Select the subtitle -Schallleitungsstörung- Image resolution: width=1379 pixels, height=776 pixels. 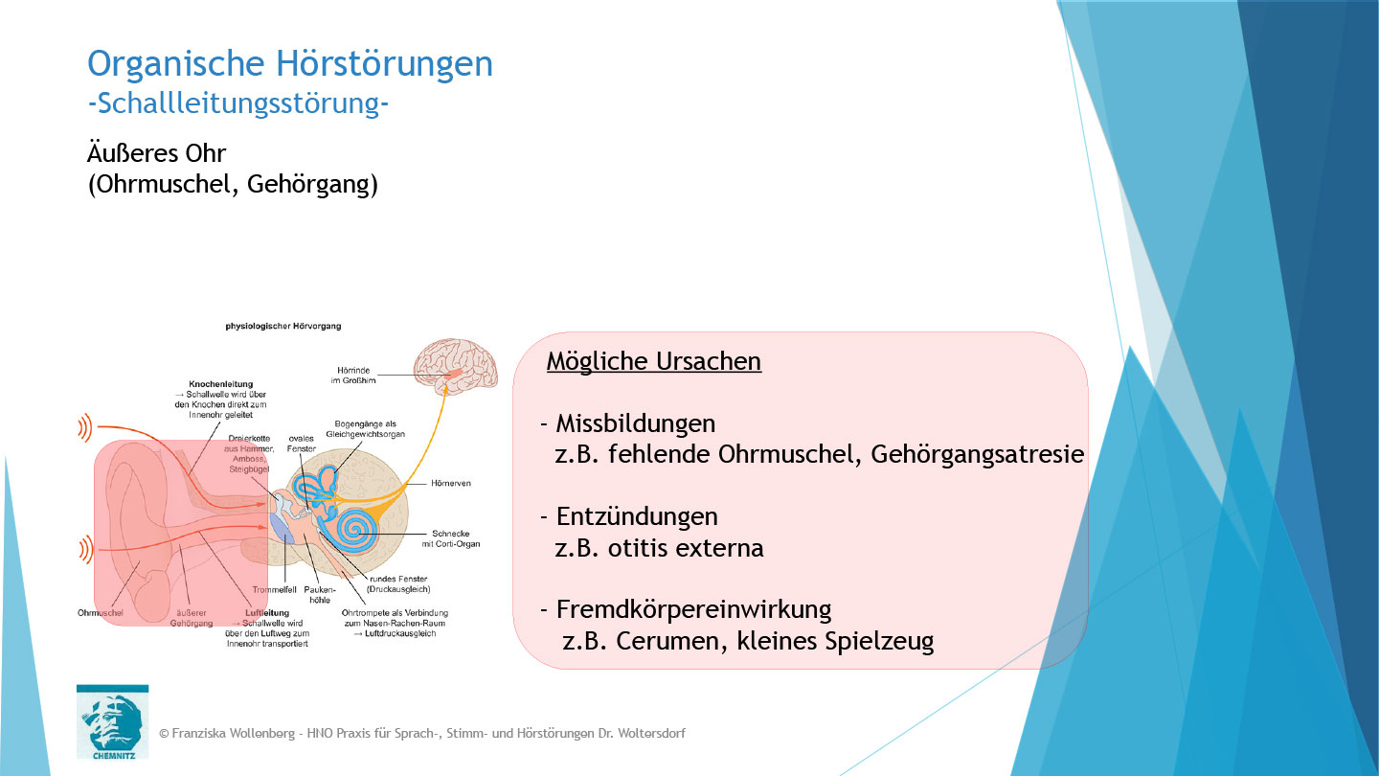point(237,103)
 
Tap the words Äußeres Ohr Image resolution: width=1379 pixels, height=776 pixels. point(156,153)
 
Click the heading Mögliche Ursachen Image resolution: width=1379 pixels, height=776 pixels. point(654,361)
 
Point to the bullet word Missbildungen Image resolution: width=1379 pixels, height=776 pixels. point(635,423)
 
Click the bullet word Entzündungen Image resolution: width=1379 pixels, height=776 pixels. point(637,516)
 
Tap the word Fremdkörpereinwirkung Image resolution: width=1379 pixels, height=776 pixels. point(693,609)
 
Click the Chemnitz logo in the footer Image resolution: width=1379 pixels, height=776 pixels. point(112,720)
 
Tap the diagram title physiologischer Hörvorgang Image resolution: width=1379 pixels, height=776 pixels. point(283,326)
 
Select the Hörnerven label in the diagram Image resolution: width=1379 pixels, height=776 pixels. point(452,485)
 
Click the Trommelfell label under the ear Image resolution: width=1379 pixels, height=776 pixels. point(273,589)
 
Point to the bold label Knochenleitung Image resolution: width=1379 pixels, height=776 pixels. point(220,384)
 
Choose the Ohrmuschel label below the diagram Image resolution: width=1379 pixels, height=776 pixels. point(100,612)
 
